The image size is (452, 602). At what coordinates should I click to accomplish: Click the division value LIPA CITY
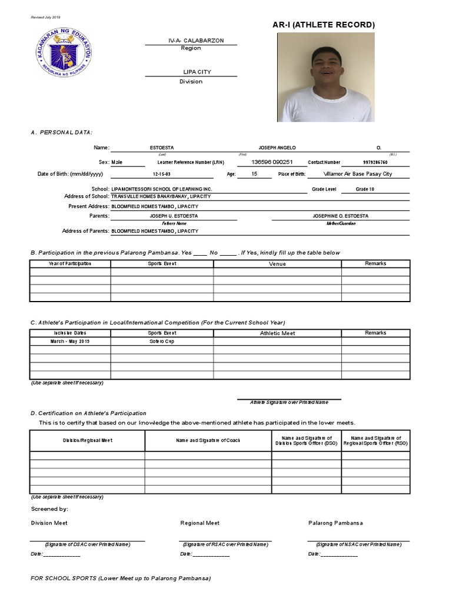(x=197, y=72)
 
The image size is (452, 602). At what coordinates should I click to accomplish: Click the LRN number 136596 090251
(x=272, y=162)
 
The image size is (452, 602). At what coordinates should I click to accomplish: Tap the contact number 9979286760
(x=375, y=162)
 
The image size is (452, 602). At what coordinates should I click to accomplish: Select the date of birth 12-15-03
(x=161, y=175)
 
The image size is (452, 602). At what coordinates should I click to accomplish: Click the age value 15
(x=254, y=174)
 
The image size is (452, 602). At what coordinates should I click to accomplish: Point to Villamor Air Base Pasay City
(x=358, y=174)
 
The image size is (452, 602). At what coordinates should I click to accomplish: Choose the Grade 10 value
(x=365, y=189)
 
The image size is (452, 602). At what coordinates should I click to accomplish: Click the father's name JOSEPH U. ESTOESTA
(x=174, y=216)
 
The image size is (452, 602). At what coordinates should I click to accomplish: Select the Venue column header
(x=277, y=264)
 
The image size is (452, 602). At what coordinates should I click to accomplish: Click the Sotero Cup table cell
(x=162, y=341)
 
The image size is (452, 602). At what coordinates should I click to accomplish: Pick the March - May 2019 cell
(x=70, y=341)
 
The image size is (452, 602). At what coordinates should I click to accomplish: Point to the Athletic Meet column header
(x=277, y=333)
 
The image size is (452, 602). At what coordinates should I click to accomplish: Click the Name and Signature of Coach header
(x=208, y=440)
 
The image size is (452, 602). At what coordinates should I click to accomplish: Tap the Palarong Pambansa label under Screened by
(x=335, y=523)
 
